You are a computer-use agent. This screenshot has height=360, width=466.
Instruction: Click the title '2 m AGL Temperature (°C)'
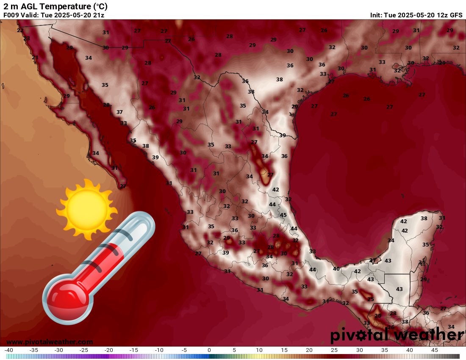pos(55,6)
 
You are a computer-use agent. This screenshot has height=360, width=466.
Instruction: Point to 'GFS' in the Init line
pos(456,15)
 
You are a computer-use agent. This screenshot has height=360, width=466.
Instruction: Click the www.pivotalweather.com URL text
pos(50,342)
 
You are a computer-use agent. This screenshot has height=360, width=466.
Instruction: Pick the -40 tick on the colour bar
pos(9,350)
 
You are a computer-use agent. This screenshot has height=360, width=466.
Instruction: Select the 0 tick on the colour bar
pos(209,350)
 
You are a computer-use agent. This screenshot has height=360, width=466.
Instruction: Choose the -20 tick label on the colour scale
pos(109,350)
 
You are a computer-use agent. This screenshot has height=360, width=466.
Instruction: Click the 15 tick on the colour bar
pos(284,350)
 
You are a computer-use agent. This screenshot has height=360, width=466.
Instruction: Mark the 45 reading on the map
pos(283,215)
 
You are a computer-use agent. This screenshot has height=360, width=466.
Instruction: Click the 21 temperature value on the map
pos(35,58)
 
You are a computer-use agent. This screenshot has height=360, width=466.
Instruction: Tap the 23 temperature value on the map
pos(27,39)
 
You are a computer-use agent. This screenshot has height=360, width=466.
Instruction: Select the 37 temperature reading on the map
pos(119,112)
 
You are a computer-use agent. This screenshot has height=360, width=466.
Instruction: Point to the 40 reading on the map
pos(336,269)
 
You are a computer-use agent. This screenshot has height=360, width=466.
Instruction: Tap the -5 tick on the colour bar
pos(183,350)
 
